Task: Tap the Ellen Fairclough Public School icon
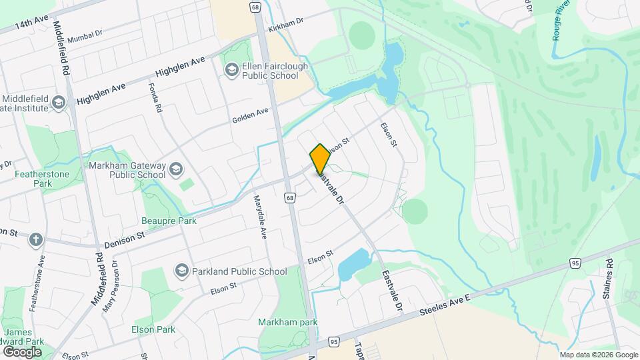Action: tap(231, 69)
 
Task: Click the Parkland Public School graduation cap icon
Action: tap(181, 271)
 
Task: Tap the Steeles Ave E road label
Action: tap(445, 305)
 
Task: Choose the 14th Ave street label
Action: tap(33, 23)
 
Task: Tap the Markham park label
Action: tap(288, 323)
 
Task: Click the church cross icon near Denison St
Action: tap(35, 239)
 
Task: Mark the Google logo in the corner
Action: tap(22, 351)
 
